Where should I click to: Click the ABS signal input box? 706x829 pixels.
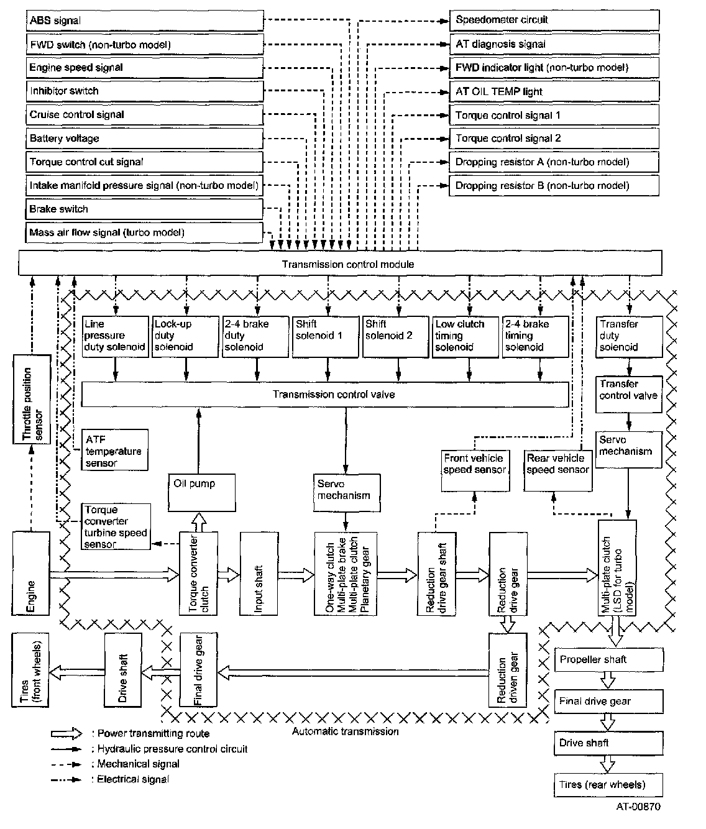(x=145, y=21)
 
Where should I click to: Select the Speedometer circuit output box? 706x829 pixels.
(x=553, y=20)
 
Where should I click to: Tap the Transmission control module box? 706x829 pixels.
(x=340, y=263)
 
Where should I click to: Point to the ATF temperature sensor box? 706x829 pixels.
(x=114, y=451)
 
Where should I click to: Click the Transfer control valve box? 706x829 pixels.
(x=628, y=395)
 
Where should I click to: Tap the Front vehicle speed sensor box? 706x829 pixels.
(x=474, y=470)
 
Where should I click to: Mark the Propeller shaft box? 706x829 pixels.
(x=608, y=660)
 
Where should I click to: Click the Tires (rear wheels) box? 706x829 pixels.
(x=608, y=784)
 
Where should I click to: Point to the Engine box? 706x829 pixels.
(x=30, y=573)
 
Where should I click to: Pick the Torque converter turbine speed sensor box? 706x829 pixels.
(x=116, y=527)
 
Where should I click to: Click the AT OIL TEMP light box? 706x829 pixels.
(x=553, y=91)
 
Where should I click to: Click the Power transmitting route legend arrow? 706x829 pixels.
(x=67, y=733)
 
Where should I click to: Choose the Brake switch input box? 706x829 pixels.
(x=145, y=209)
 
